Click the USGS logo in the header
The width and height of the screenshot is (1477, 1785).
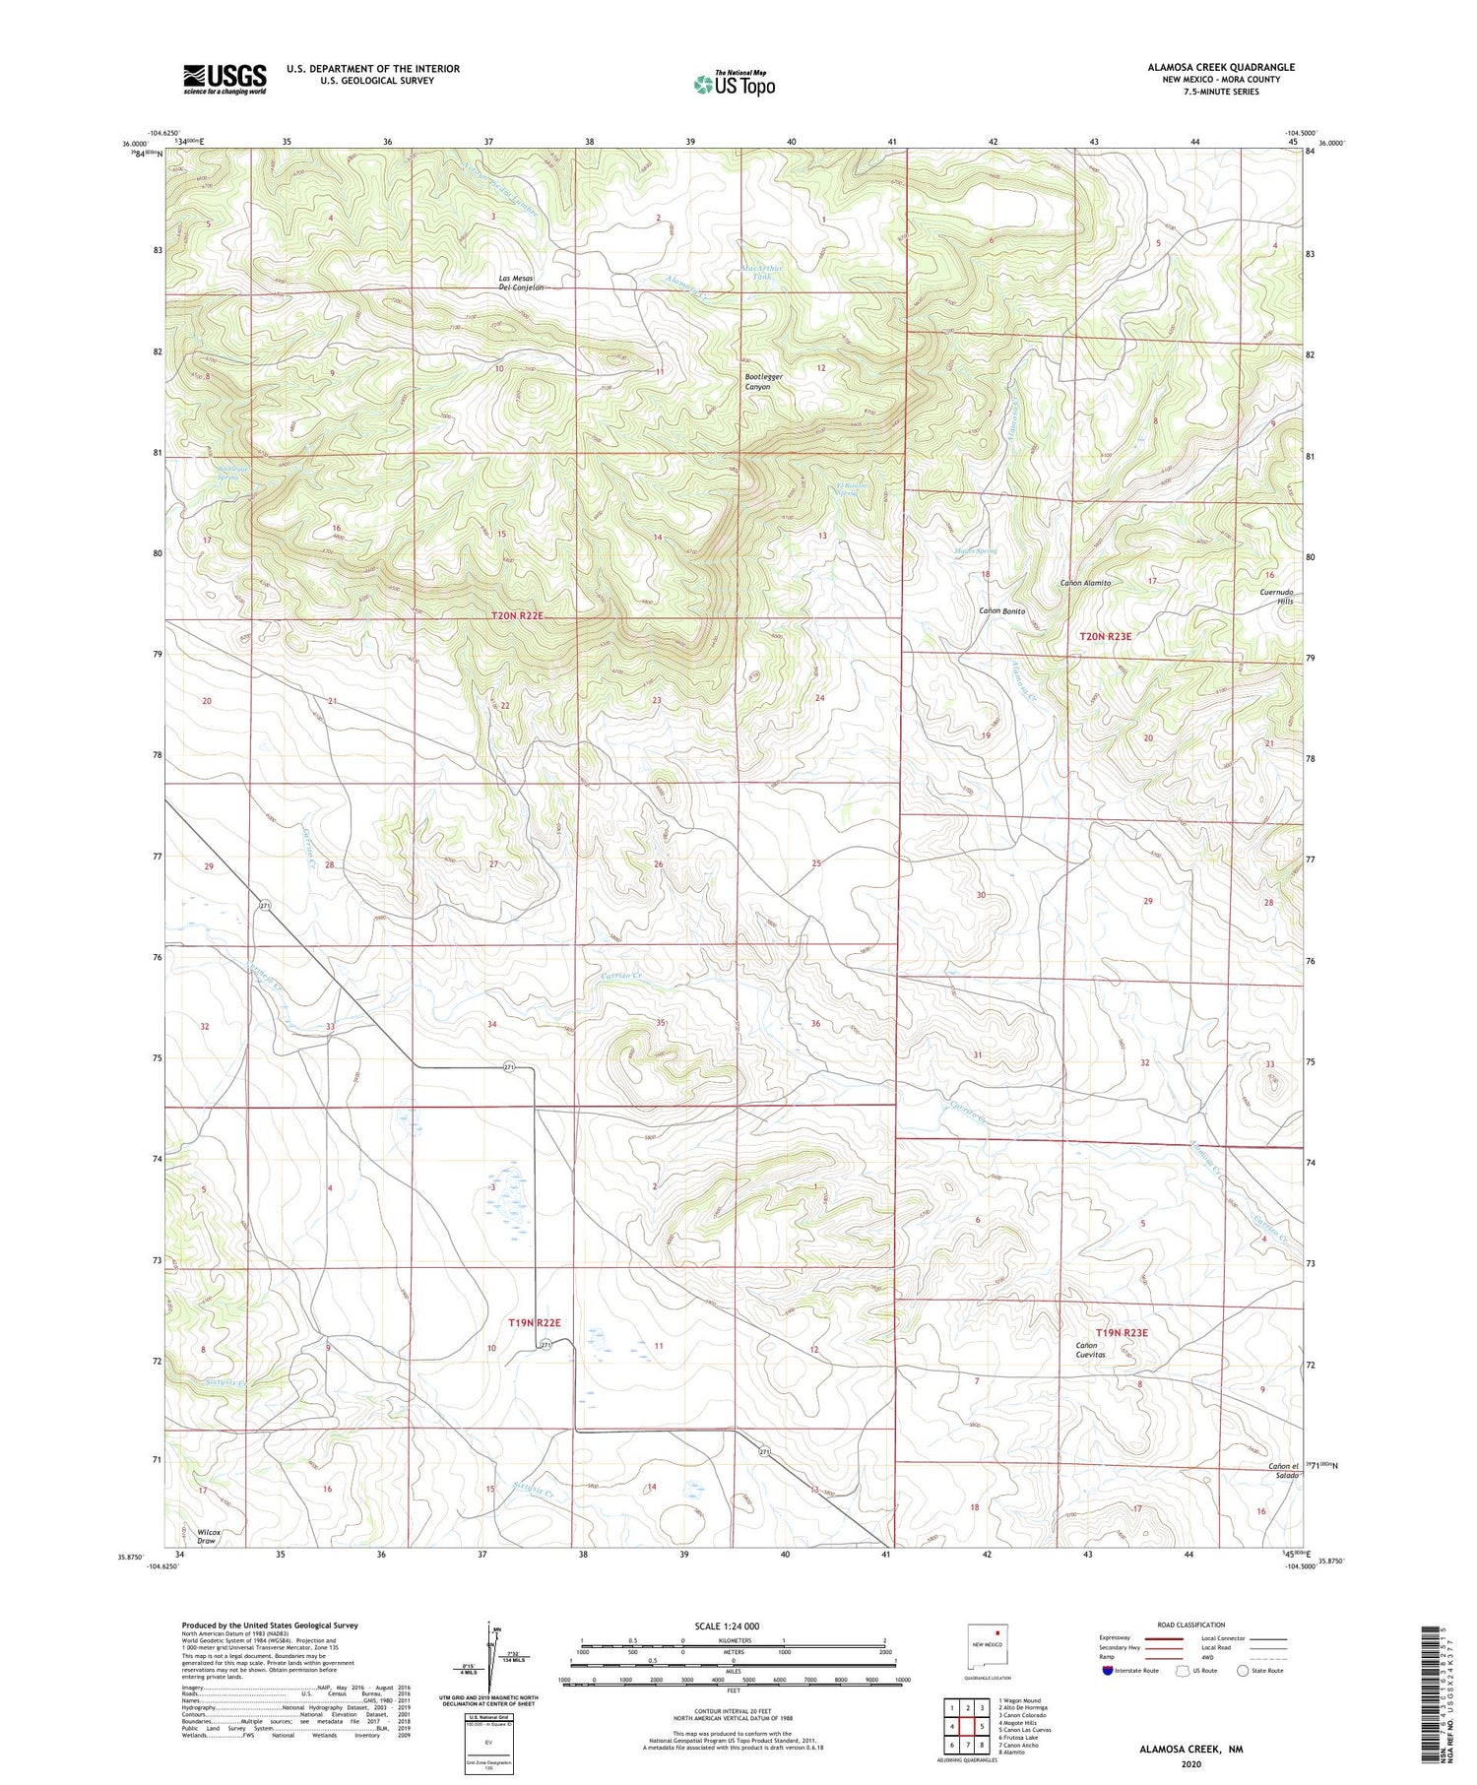(225, 78)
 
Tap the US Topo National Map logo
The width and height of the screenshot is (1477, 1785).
(734, 84)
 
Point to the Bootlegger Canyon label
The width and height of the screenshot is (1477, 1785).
(756, 381)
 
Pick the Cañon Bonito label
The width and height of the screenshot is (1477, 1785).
(1001, 611)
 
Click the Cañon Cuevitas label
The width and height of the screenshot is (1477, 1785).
(1090, 1350)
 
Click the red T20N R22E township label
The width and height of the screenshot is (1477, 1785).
(517, 615)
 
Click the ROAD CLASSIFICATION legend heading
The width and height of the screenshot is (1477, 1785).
(1190, 1625)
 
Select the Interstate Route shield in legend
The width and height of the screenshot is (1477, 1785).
(1108, 1671)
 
